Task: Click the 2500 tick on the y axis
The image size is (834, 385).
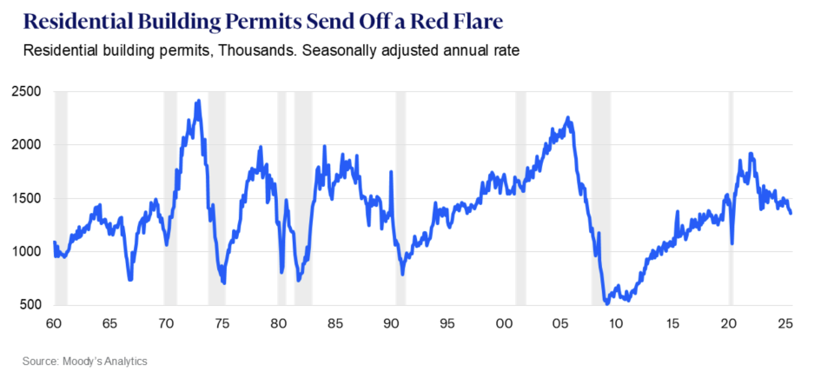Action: [x=28, y=91]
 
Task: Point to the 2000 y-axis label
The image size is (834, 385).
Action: [x=28, y=144]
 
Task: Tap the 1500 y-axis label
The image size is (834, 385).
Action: [x=28, y=198]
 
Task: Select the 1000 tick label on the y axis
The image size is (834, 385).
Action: [x=28, y=251]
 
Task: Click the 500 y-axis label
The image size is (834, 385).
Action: [x=31, y=305]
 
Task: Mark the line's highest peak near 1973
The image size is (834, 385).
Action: [x=199, y=101]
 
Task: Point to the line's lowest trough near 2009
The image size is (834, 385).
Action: [x=606, y=303]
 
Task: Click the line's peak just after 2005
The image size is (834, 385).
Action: [x=567, y=117]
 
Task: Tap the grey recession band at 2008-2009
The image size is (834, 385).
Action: [x=600, y=198]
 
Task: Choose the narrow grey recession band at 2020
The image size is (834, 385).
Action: [x=731, y=198]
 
